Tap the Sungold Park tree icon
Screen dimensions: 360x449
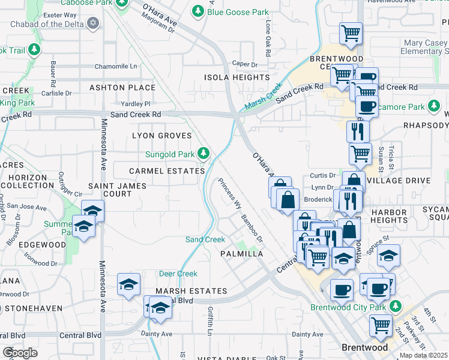(x=205, y=154)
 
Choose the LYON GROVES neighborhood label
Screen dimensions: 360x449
(x=161, y=136)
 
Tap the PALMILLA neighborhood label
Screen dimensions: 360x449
(x=242, y=254)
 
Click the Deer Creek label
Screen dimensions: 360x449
(x=178, y=274)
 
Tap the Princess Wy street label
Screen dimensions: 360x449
(x=228, y=193)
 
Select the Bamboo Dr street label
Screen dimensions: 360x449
(x=252, y=229)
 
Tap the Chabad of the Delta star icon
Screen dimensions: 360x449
(x=92, y=23)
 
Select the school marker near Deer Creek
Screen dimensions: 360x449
(x=129, y=284)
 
